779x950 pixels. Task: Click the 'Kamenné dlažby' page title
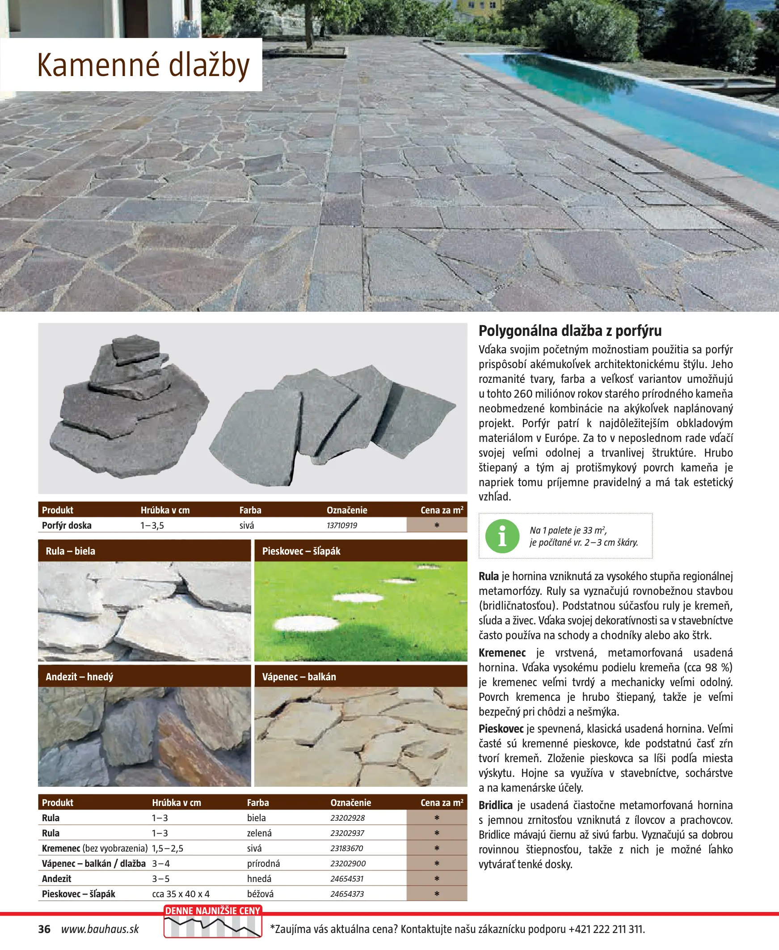(x=143, y=66)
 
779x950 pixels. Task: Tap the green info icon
(x=502, y=536)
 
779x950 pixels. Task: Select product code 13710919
(x=341, y=525)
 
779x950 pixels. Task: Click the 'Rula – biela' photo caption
(x=71, y=551)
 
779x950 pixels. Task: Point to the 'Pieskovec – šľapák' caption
(x=301, y=551)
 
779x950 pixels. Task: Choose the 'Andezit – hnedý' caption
(x=80, y=677)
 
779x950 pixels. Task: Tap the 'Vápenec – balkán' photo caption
(x=299, y=677)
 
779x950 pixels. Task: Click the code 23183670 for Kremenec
(x=346, y=848)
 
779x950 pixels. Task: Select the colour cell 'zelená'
(x=259, y=833)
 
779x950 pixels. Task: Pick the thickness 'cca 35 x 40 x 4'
(x=181, y=894)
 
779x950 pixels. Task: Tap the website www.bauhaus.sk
(x=100, y=929)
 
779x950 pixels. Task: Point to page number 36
(x=44, y=929)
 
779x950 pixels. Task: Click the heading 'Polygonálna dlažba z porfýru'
(x=570, y=331)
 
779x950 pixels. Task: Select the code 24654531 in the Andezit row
(x=347, y=878)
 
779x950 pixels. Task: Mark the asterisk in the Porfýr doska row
(x=437, y=525)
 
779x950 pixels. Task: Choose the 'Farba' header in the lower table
(x=258, y=802)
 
